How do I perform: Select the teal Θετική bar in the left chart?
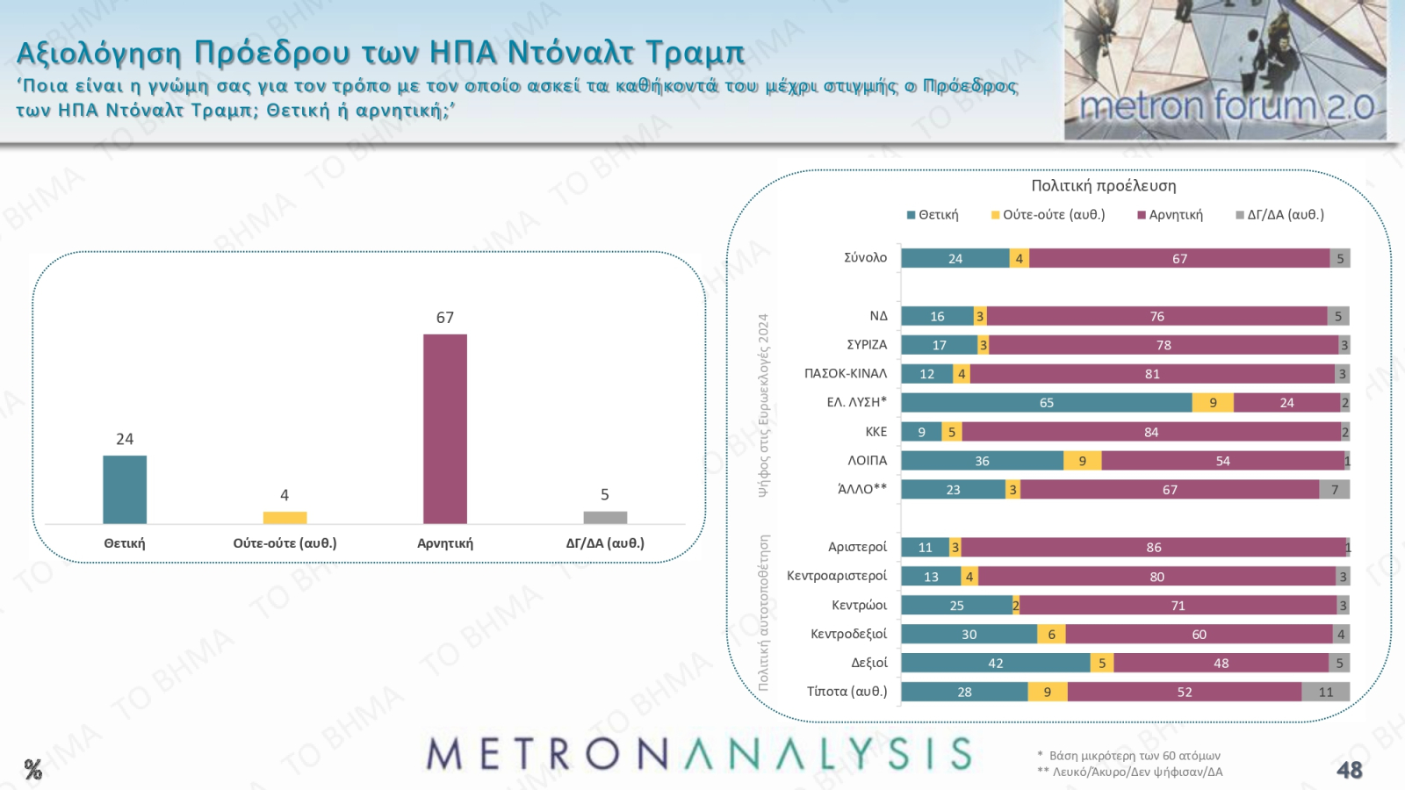[x=125, y=490]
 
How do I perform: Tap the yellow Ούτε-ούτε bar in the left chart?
[x=285, y=518]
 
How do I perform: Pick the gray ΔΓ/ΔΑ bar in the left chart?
[x=605, y=518]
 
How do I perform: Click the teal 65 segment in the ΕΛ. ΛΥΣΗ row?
[x=1046, y=403]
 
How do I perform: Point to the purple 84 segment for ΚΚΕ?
[x=1150, y=432]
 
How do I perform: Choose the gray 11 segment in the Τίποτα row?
[x=1325, y=692]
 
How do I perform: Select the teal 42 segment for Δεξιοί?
[x=995, y=663]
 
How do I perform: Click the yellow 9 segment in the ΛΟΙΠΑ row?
[x=1082, y=461]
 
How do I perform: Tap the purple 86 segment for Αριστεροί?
[x=1153, y=548]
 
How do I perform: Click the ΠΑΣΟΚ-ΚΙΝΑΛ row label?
[x=846, y=374]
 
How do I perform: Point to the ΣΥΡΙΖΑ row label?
[x=867, y=345]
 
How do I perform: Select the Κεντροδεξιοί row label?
[x=848, y=634]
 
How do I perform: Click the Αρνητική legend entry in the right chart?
[x=1171, y=215]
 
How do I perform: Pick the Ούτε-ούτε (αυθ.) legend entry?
[x=1048, y=215]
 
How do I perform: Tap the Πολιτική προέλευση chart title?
[x=1103, y=186]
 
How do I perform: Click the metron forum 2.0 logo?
[x=1225, y=70]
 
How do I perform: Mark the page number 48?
[x=1349, y=771]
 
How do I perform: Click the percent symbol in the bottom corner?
[x=33, y=771]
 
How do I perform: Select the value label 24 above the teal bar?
[x=125, y=439]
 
